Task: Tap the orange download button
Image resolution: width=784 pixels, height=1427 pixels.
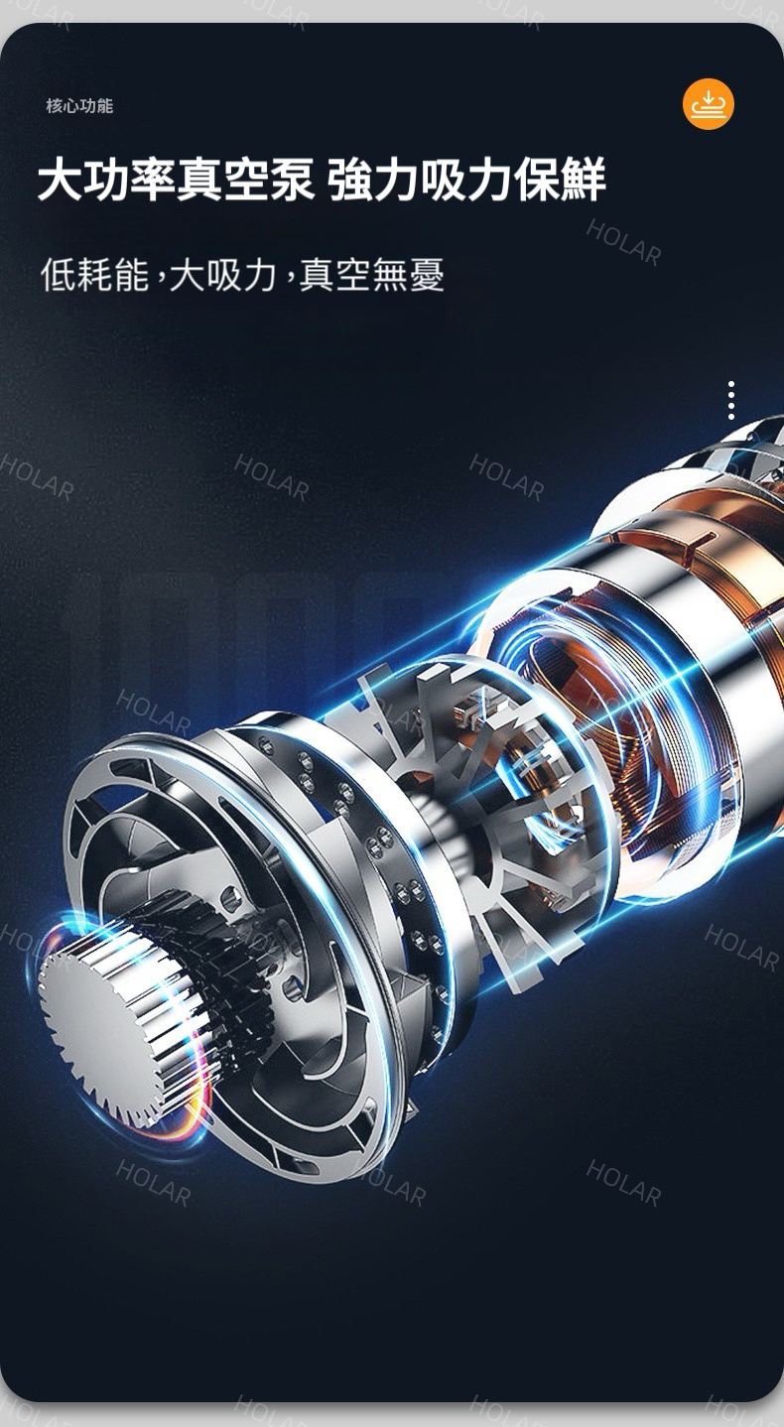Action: coord(709,103)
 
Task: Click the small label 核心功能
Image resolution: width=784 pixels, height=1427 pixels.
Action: coord(79,106)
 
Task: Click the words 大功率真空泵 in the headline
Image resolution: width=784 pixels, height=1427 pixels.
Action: coord(176,181)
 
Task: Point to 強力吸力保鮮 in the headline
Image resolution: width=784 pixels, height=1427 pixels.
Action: coord(466,181)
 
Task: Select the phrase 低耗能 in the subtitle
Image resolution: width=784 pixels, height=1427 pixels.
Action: coord(94,275)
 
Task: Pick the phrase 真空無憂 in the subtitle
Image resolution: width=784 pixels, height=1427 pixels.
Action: coord(371,275)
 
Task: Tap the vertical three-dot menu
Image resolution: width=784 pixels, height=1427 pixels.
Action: coord(731,400)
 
